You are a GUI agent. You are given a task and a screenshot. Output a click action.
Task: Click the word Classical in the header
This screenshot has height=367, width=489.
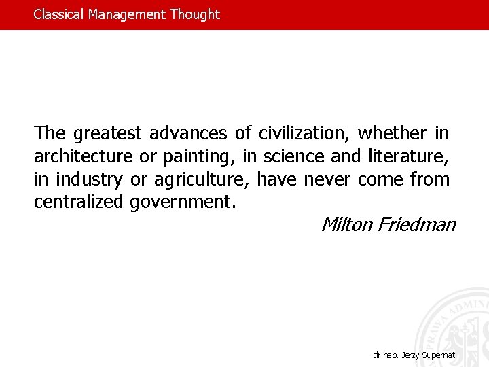pos(59,14)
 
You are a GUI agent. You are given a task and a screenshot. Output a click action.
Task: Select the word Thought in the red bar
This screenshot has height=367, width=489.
pos(195,14)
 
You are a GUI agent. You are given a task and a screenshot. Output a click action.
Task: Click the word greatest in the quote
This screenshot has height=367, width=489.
pos(108,133)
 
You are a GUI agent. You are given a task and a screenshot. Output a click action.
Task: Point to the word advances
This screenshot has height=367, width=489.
pos(187,133)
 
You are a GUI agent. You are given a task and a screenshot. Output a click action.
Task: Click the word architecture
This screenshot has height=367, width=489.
pos(84,156)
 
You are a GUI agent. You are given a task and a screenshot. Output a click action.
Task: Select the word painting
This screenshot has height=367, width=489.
pos(199,157)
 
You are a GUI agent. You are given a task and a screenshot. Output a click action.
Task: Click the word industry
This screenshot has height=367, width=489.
pos(89,180)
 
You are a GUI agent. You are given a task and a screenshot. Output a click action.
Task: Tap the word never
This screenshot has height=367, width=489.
pos(328,180)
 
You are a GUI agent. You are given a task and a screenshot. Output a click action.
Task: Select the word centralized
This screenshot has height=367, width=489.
pos(77,202)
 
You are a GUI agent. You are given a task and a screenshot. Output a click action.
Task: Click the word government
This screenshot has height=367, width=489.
pos(183,203)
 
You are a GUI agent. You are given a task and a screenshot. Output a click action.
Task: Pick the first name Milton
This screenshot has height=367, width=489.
pos(346,224)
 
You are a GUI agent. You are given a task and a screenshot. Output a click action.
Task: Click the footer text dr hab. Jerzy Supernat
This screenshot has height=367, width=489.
pos(414,355)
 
